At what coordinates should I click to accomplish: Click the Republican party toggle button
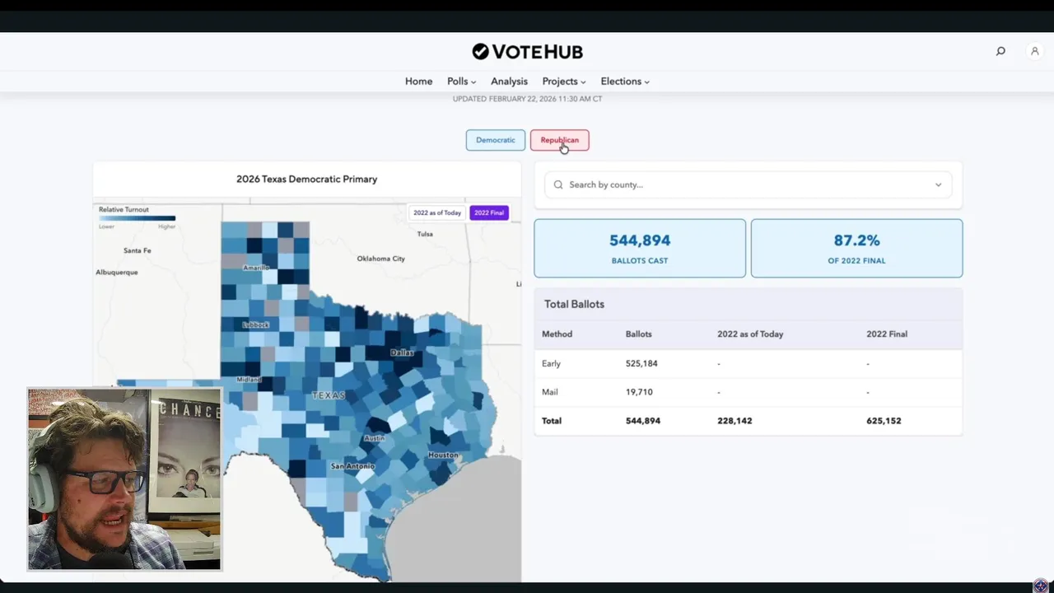pyautogui.click(x=559, y=140)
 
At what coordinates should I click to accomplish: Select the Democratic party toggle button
pyautogui.click(x=495, y=140)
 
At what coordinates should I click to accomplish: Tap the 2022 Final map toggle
pyautogui.click(x=489, y=212)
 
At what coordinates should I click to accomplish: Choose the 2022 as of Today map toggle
pyautogui.click(x=437, y=212)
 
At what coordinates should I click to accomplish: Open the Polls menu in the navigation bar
pyautogui.click(x=461, y=82)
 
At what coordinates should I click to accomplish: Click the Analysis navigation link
pyautogui.click(x=509, y=82)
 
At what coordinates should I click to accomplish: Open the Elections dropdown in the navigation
pyautogui.click(x=624, y=82)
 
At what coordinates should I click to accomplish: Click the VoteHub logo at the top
pyautogui.click(x=527, y=52)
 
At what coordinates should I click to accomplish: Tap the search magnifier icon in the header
pyautogui.click(x=1000, y=51)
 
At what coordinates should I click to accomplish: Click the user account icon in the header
pyautogui.click(x=1035, y=51)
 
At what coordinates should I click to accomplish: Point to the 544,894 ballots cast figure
pyautogui.click(x=640, y=240)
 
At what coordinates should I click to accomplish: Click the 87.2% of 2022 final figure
pyautogui.click(x=856, y=240)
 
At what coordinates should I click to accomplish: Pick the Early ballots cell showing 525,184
pyautogui.click(x=641, y=363)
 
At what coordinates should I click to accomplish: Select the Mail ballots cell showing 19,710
pyautogui.click(x=639, y=392)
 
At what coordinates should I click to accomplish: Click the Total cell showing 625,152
pyautogui.click(x=884, y=421)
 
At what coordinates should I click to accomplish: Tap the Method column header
pyautogui.click(x=557, y=334)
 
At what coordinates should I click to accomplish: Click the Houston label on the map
pyautogui.click(x=443, y=455)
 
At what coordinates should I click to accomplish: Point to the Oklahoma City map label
pyautogui.click(x=380, y=259)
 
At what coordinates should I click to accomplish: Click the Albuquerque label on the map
pyautogui.click(x=117, y=273)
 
